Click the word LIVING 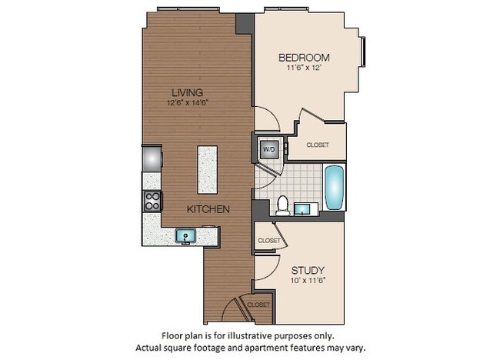point(188,92)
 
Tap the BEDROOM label point(304,58)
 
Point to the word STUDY point(307,270)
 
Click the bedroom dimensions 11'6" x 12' point(304,68)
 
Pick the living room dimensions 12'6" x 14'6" point(188,102)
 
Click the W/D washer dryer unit point(269,148)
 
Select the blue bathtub point(335,188)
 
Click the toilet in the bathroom point(282,205)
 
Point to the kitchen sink point(185,235)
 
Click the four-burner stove point(152,202)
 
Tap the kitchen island point(206,169)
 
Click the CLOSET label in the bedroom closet point(318,145)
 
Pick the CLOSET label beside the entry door point(258,305)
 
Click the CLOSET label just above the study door point(269,241)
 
